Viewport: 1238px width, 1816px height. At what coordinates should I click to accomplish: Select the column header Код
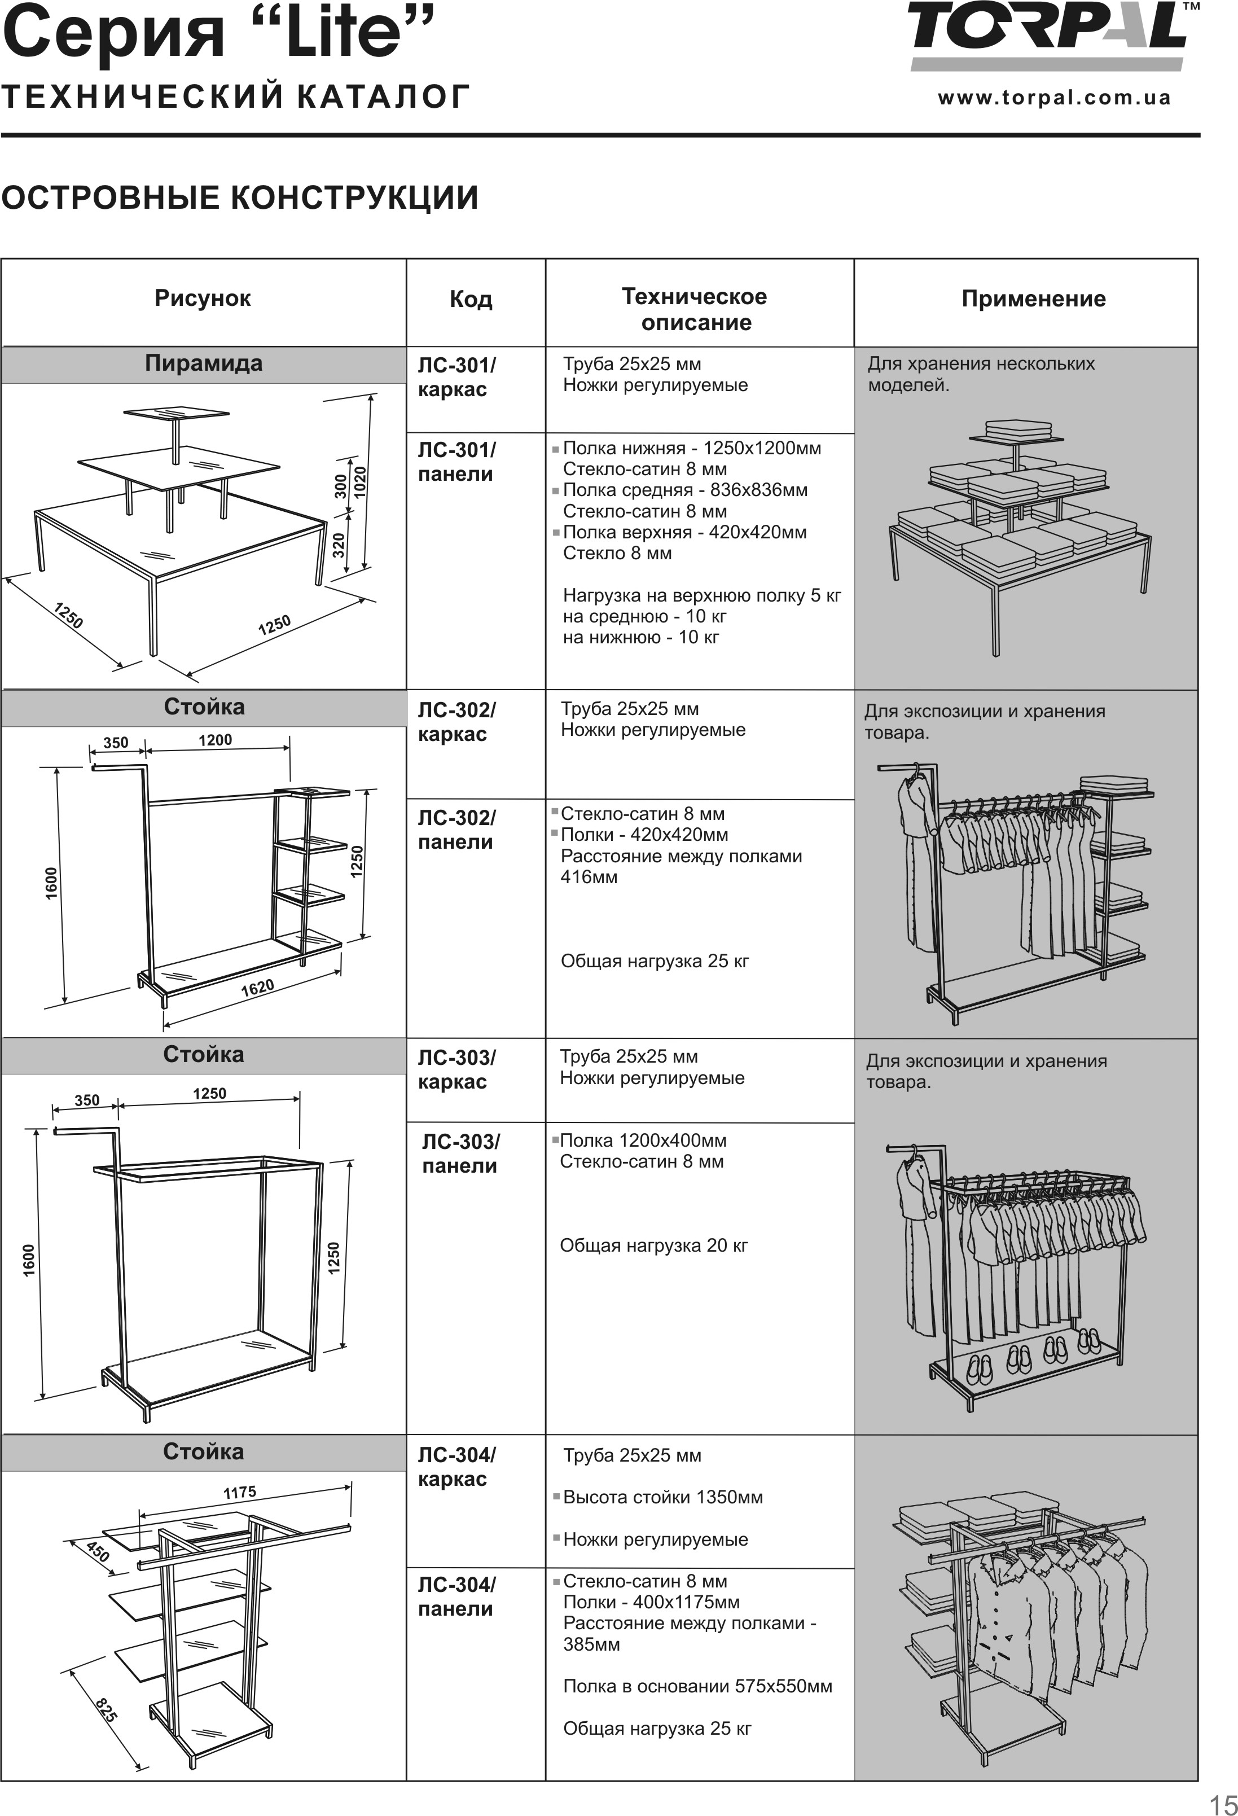tap(471, 299)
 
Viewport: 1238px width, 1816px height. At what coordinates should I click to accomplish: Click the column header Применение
tap(1033, 299)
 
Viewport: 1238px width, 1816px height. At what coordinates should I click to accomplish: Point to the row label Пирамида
tap(203, 364)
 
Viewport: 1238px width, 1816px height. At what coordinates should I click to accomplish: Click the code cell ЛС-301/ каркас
tap(456, 378)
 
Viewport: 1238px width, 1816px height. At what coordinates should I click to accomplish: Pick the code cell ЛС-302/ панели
tap(456, 830)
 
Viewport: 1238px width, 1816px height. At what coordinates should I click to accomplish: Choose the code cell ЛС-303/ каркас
tap(456, 1070)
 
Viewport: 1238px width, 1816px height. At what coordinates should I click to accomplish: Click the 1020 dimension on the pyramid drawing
tap(359, 482)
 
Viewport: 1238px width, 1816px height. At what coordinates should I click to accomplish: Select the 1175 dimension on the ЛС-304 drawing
tap(239, 1493)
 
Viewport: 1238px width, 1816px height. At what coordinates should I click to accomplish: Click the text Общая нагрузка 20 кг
tap(653, 1245)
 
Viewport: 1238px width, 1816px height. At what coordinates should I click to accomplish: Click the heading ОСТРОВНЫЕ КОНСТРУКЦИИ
tap(239, 198)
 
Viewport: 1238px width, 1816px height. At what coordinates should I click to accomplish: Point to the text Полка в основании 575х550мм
tap(697, 1686)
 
